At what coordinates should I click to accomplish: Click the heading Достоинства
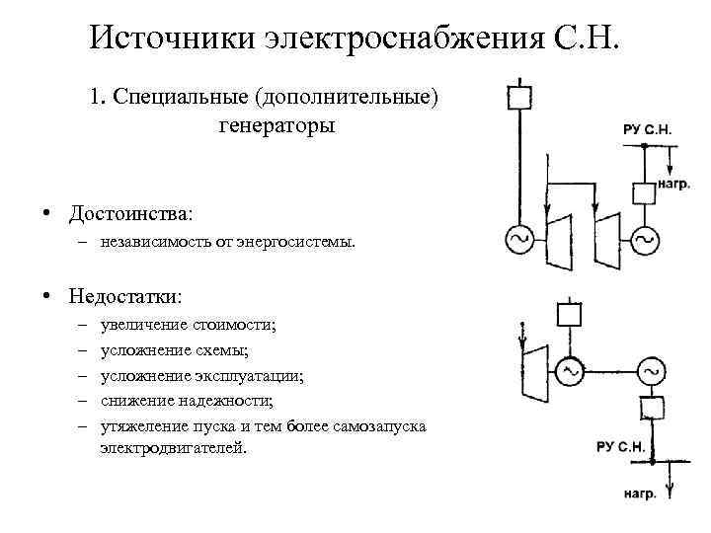tap(130, 213)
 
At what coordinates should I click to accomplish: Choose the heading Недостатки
tap(125, 296)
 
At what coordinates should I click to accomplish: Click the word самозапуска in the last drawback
tap(377, 426)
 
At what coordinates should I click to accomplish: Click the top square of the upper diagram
tap(518, 97)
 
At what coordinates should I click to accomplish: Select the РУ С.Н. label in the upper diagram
tap(649, 129)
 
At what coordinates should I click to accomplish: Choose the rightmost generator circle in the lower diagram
tap(651, 371)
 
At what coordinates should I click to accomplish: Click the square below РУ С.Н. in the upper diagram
tap(644, 191)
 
